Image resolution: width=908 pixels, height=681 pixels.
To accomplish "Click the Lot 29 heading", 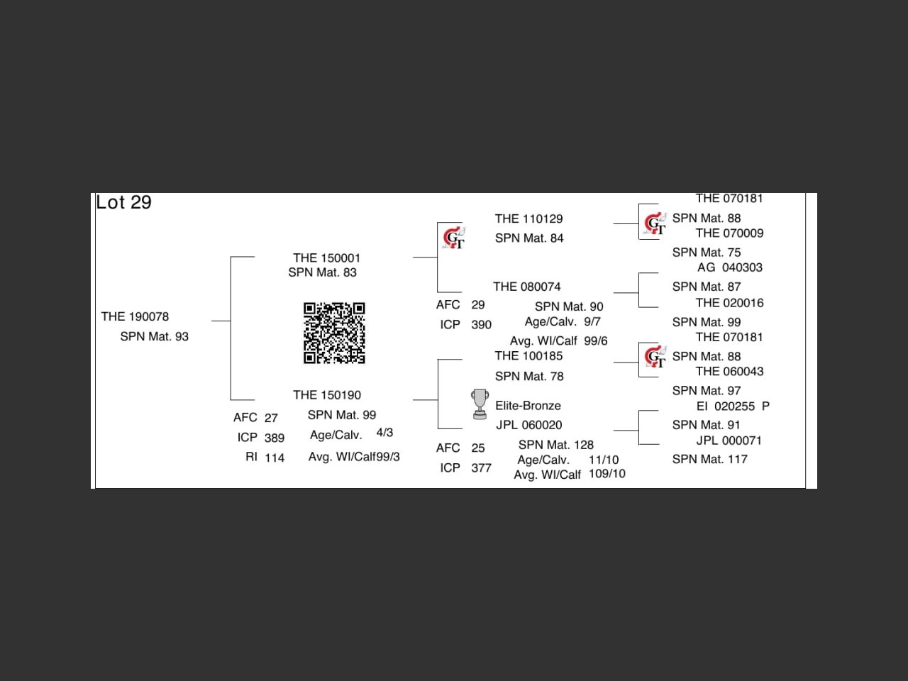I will pyautogui.click(x=124, y=203).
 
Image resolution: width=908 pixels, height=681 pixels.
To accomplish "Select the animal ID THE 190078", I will pyautogui.click(x=135, y=316).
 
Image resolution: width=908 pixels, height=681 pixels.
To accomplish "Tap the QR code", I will pyautogui.click(x=334, y=333).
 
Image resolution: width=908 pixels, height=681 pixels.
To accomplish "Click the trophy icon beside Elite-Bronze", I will pyautogui.click(x=480, y=404).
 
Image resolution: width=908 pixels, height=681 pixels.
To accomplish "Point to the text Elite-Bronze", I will pyautogui.click(x=528, y=406).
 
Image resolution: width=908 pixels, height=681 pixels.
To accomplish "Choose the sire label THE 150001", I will pyautogui.click(x=326, y=258).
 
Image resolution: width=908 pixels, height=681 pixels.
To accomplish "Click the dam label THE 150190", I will pyautogui.click(x=326, y=395).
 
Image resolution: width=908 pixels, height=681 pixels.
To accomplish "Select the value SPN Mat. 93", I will pyautogui.click(x=154, y=336).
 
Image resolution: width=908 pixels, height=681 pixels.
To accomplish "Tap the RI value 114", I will pyautogui.click(x=275, y=458).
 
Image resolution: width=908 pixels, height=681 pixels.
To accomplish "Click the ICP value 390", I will pyautogui.click(x=481, y=325).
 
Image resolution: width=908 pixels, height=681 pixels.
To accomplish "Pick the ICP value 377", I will pyautogui.click(x=481, y=468).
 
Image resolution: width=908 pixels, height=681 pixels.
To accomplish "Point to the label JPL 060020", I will pyautogui.click(x=528, y=425).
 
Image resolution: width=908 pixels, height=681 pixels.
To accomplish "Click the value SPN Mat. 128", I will pyautogui.click(x=555, y=445).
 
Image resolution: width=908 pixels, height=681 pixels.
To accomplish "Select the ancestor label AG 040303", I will pyautogui.click(x=729, y=267).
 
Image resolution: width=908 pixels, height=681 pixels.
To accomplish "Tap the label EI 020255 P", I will pyautogui.click(x=732, y=406).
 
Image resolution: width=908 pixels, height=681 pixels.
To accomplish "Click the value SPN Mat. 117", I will pyautogui.click(x=709, y=459).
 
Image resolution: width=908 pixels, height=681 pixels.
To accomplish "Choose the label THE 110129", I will pyautogui.click(x=528, y=218).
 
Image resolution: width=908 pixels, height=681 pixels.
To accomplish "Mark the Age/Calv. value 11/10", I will pyautogui.click(x=603, y=460).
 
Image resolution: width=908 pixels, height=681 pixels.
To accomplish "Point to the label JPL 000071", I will pyautogui.click(x=729, y=441).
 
